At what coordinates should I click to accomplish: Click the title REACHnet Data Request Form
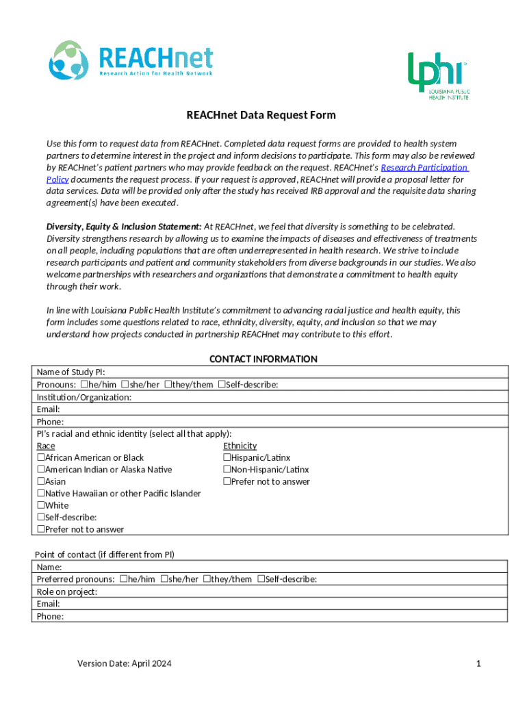click(x=261, y=115)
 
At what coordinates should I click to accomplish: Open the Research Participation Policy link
click(x=424, y=168)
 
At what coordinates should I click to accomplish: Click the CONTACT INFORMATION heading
click(x=263, y=359)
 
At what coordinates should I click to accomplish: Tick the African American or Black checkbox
click(x=41, y=457)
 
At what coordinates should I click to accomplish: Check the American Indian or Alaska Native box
click(x=41, y=470)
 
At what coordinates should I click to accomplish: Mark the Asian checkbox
click(x=41, y=481)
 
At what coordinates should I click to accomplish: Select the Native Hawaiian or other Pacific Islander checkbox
click(x=41, y=494)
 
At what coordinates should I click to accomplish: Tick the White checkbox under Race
click(x=41, y=505)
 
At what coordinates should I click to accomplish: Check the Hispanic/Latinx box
click(x=227, y=457)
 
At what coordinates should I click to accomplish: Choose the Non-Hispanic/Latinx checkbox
click(x=227, y=470)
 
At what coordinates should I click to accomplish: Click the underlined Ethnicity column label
click(x=240, y=446)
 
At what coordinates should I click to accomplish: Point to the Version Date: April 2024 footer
click(x=125, y=663)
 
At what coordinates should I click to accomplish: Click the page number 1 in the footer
click(x=479, y=663)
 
